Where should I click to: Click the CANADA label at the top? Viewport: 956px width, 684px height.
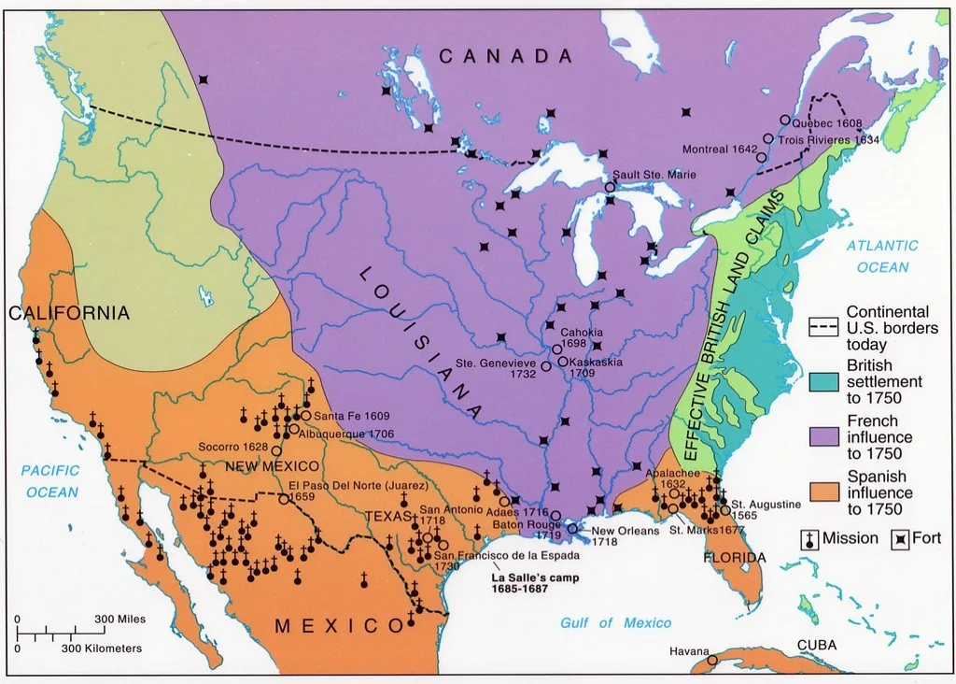click(x=505, y=57)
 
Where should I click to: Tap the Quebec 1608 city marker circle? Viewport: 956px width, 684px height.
click(x=784, y=120)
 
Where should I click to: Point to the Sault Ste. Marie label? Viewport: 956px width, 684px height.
click(x=654, y=175)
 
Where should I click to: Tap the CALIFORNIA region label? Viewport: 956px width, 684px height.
click(x=69, y=313)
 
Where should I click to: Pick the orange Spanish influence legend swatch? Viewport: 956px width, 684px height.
click(x=824, y=492)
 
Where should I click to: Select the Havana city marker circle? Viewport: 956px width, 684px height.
click(x=713, y=660)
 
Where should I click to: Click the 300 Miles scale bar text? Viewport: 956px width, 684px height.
click(x=119, y=620)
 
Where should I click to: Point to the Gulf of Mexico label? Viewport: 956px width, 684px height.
click(x=615, y=623)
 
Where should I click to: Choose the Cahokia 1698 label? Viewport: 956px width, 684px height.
click(x=581, y=338)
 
